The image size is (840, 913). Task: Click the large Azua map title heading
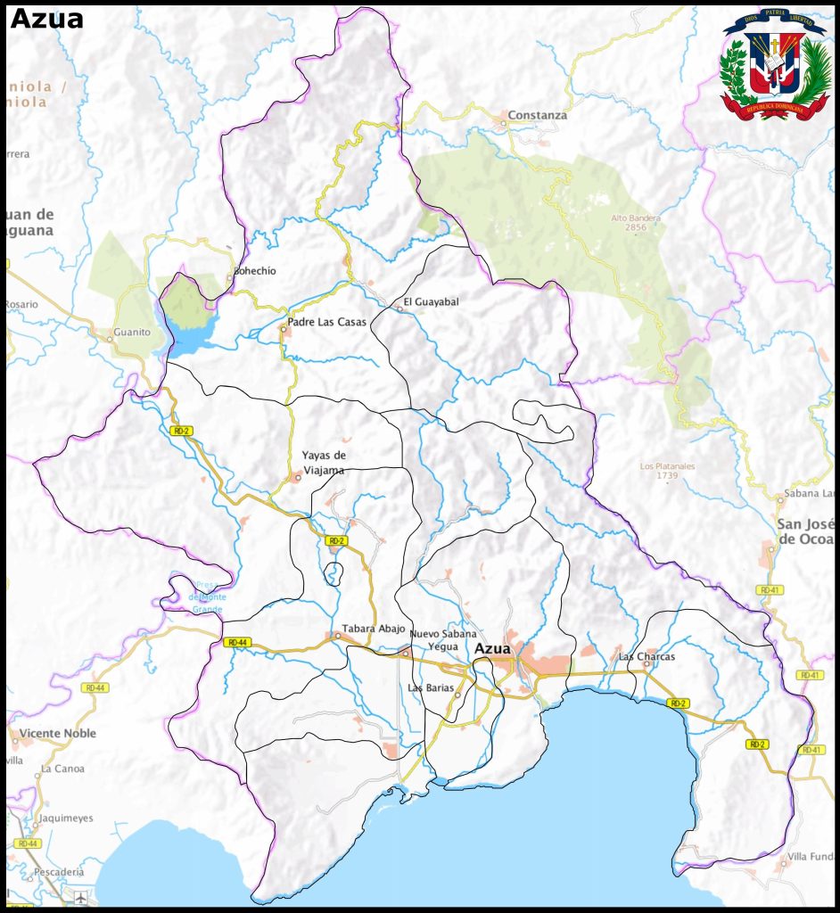(x=46, y=19)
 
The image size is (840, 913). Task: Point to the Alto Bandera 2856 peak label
(x=635, y=223)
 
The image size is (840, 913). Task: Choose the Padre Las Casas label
(x=326, y=322)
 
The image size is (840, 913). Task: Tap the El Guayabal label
(x=431, y=302)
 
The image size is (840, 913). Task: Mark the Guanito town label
(x=132, y=333)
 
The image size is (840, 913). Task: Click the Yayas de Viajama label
(x=324, y=461)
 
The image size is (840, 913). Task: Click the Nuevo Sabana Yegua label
(x=443, y=640)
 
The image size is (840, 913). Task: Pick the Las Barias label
(x=430, y=688)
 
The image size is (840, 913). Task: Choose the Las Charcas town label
(x=646, y=657)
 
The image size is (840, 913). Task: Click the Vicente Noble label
(x=57, y=734)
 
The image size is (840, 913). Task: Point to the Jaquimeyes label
(x=66, y=818)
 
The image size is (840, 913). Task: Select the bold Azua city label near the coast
(x=492, y=649)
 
